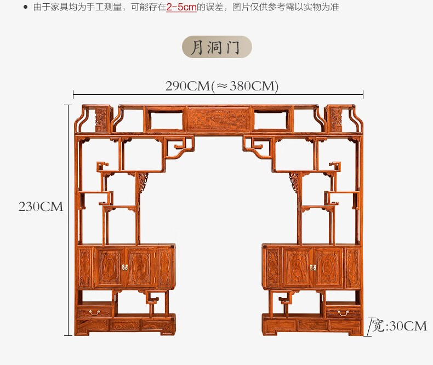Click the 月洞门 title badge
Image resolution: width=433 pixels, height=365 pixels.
[216, 47]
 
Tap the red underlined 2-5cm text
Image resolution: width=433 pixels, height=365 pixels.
[181, 8]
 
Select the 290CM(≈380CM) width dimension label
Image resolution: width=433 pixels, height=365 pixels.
[222, 86]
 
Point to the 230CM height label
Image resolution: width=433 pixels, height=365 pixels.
[41, 207]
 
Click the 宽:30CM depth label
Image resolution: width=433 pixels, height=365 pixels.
[399, 326]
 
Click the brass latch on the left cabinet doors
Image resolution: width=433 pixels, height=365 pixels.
[124, 267]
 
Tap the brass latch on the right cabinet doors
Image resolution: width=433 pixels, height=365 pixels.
[313, 267]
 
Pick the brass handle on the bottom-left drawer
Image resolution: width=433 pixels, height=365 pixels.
[95, 312]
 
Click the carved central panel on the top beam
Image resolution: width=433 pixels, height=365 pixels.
[218, 118]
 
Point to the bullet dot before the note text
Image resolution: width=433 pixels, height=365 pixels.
[25, 8]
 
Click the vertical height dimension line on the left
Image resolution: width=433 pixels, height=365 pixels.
[69, 219]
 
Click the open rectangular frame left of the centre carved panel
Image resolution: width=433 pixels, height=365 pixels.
[165, 119]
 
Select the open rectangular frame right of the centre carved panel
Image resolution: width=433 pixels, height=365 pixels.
[271, 119]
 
